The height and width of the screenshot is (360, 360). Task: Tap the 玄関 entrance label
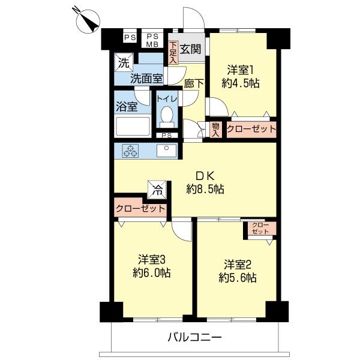coord(191,48)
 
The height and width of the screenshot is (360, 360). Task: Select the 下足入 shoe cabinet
coord(173,52)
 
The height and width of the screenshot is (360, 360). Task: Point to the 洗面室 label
coord(146,77)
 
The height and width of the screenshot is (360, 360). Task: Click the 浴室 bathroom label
coord(127,107)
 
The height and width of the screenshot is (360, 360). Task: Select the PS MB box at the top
coord(152,39)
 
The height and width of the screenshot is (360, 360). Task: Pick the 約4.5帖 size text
coord(240,83)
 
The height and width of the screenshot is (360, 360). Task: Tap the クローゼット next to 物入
coord(251,129)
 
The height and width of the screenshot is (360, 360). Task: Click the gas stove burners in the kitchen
coord(131,151)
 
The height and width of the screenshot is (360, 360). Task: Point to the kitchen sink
coord(166,151)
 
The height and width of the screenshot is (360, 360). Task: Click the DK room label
coord(205,176)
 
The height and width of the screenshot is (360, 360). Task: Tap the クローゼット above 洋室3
coord(140,209)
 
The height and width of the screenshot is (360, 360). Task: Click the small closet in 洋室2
coord(260,229)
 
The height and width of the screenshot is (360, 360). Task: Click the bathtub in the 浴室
coord(132,127)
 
